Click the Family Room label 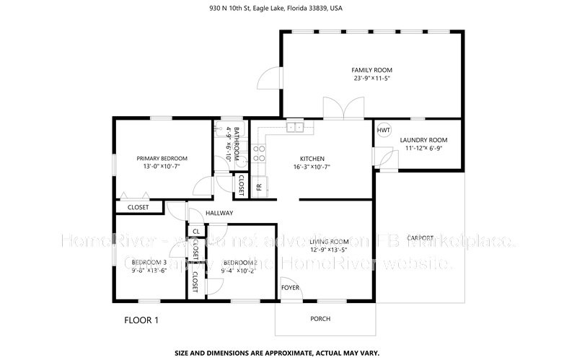(x=371, y=70)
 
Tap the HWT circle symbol (x=384, y=130)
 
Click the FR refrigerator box (x=259, y=186)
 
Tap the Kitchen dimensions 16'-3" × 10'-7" (x=312, y=167)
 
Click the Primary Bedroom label (x=162, y=159)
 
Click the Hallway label (x=219, y=213)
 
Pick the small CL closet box (x=195, y=231)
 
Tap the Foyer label (x=290, y=287)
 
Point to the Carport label (x=420, y=237)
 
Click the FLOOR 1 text (x=141, y=319)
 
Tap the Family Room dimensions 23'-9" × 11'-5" (x=371, y=79)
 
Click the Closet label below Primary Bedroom (x=138, y=208)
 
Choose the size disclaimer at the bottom (x=288, y=354)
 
